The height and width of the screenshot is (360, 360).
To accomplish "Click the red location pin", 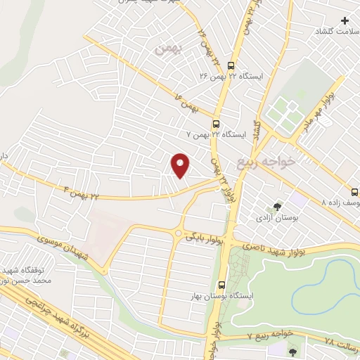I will (x=181, y=165).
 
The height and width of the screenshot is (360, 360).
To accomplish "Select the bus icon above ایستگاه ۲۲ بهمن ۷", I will (x=217, y=120).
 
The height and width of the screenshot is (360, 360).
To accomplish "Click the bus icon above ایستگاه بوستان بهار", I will (x=222, y=285).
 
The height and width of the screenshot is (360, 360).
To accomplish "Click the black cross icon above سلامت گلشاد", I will (x=345, y=20).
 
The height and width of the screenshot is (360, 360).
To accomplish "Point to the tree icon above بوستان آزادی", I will (x=278, y=207).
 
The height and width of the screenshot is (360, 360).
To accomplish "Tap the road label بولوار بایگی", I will (x=206, y=238).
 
